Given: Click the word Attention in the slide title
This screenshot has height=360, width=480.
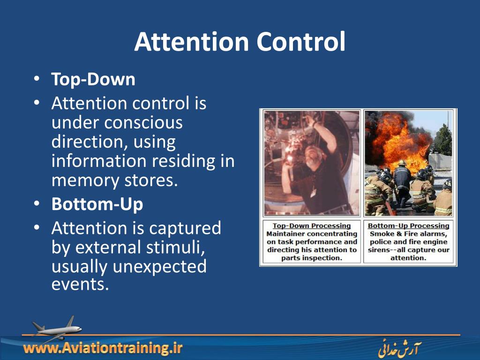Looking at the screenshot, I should tap(191, 42).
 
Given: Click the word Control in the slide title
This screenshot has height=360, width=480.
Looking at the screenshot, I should tap(300, 42).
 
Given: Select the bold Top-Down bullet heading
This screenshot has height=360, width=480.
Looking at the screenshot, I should tap(93, 79).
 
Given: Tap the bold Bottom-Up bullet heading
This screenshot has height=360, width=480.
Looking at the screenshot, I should tap(97, 204).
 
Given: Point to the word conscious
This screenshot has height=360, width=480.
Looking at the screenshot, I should tap(143, 122).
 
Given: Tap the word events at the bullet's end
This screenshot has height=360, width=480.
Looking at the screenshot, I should tap(80, 284).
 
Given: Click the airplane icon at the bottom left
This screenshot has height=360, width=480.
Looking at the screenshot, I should tap(55, 327).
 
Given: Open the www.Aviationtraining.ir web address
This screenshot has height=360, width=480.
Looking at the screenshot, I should tap(103, 348).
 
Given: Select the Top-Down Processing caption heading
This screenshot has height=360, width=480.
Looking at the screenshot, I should tap(311, 226).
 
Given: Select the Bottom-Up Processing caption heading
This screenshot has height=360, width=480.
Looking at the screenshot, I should tap(408, 226).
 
